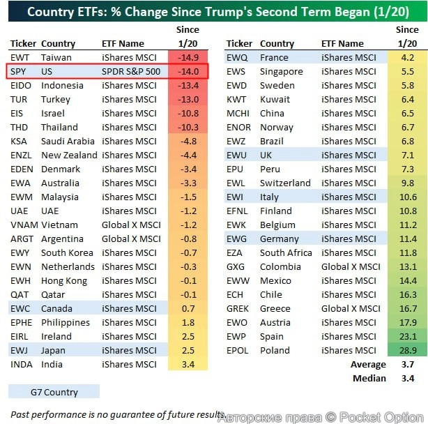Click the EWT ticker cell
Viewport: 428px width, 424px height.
(x=20, y=58)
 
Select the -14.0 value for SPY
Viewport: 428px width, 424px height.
(x=188, y=72)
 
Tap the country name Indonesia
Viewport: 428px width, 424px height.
(x=62, y=86)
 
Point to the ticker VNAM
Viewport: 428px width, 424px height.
(x=24, y=225)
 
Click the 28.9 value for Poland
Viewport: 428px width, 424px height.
(x=407, y=351)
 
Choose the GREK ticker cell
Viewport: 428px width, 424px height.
(x=238, y=309)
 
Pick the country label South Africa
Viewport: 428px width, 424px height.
(x=286, y=253)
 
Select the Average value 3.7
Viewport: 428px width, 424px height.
(x=407, y=365)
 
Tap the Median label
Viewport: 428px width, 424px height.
(x=369, y=379)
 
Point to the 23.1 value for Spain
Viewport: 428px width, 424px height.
(x=407, y=337)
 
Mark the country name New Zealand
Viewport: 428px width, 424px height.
(x=69, y=156)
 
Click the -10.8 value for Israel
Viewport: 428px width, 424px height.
(x=188, y=114)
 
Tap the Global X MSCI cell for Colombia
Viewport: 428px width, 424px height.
(x=351, y=267)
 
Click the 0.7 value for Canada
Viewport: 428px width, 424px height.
(x=188, y=309)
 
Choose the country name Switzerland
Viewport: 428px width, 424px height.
(x=285, y=183)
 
